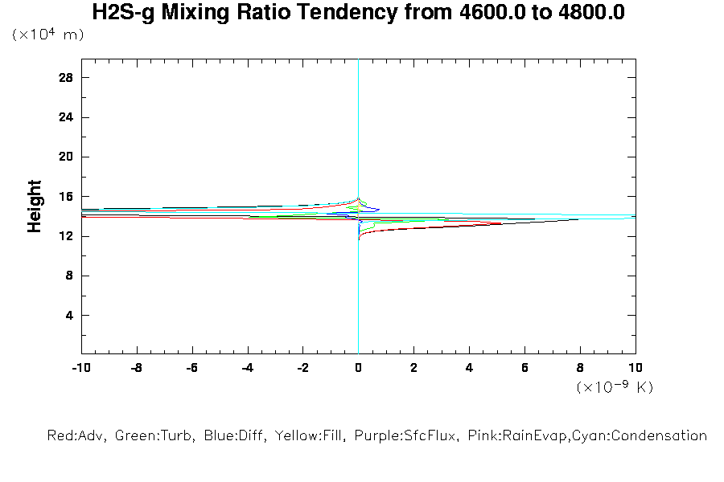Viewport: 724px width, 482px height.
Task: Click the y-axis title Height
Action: click(x=35, y=206)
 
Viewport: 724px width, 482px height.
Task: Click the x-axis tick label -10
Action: click(x=80, y=368)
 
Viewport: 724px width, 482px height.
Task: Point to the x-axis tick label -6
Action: click(x=191, y=368)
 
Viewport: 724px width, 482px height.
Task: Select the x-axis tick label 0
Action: click(x=358, y=368)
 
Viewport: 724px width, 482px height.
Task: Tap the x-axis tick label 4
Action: click(x=469, y=368)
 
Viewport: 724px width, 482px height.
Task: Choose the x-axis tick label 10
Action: click(x=635, y=368)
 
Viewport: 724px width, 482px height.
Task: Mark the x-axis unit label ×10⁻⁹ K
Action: click(x=615, y=387)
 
